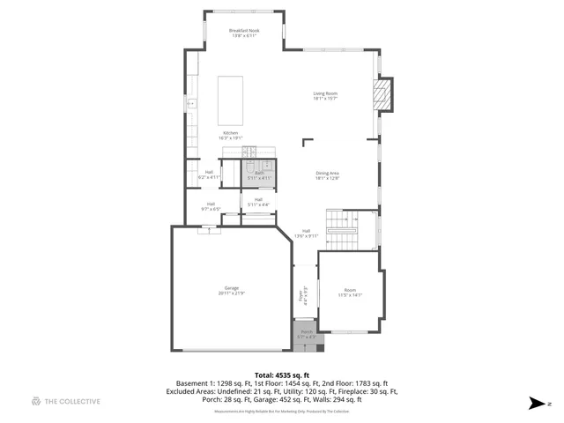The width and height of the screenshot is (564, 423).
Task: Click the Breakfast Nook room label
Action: click(245, 33)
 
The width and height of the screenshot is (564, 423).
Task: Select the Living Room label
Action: click(325, 96)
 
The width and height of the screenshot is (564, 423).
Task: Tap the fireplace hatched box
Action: click(381, 95)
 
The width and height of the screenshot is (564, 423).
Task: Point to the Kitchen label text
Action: click(230, 135)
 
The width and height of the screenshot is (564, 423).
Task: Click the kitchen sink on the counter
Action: click(190, 104)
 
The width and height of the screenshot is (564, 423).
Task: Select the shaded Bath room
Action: click(259, 172)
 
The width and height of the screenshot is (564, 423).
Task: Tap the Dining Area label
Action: click(328, 175)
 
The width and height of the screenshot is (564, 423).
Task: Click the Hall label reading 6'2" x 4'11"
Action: click(209, 174)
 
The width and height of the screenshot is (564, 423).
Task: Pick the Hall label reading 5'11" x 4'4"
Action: click(258, 203)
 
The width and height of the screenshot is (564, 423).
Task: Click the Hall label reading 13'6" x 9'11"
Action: click(305, 234)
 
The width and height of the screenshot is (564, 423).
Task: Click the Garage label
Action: click(231, 291)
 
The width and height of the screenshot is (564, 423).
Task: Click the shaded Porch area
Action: click(305, 335)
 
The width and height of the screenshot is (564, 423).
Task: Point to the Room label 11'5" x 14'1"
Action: click(351, 293)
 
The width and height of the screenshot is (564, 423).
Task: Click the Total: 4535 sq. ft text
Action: click(281, 375)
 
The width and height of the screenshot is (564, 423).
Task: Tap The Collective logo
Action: click(66, 401)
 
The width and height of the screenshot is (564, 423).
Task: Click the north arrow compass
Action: click(536, 403)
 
